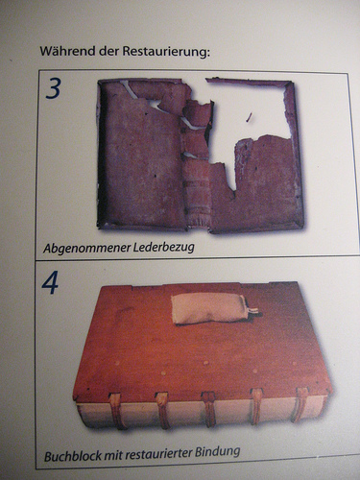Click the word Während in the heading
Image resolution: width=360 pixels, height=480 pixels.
(x=67, y=51)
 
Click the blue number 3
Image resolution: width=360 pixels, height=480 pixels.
(x=53, y=88)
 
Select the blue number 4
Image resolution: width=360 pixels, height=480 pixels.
(x=50, y=282)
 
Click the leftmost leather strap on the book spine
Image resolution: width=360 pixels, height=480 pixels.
(x=116, y=410)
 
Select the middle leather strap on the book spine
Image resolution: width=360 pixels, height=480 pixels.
(x=209, y=409)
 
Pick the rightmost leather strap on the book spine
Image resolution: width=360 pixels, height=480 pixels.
(x=300, y=404)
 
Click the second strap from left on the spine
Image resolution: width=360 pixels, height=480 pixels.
(x=162, y=410)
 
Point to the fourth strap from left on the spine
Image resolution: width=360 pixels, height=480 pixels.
(x=256, y=406)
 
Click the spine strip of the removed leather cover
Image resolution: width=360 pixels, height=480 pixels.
(x=197, y=163)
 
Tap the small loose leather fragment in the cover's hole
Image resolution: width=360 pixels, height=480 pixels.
(x=249, y=117)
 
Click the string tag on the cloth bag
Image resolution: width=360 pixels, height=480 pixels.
(x=252, y=310)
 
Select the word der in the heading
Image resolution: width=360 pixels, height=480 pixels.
(x=108, y=51)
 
